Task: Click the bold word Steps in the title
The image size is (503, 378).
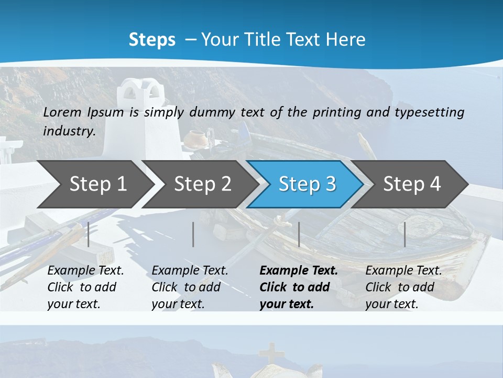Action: tap(152, 40)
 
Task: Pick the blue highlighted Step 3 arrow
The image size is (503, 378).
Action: tap(307, 184)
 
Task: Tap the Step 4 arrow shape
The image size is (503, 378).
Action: tap(412, 184)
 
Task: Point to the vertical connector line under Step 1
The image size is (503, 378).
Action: tap(89, 234)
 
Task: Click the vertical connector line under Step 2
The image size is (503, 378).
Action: tap(193, 234)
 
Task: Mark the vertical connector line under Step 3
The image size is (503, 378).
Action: tap(299, 234)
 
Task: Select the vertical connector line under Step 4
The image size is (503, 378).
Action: tap(405, 234)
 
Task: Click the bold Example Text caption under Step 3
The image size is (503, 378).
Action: tap(299, 287)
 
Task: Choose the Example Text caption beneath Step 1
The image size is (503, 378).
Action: tap(85, 287)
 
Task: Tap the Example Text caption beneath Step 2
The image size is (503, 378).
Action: tap(190, 287)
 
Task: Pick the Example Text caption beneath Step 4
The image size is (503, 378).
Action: tap(403, 287)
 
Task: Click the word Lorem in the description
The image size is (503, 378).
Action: tap(62, 112)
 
